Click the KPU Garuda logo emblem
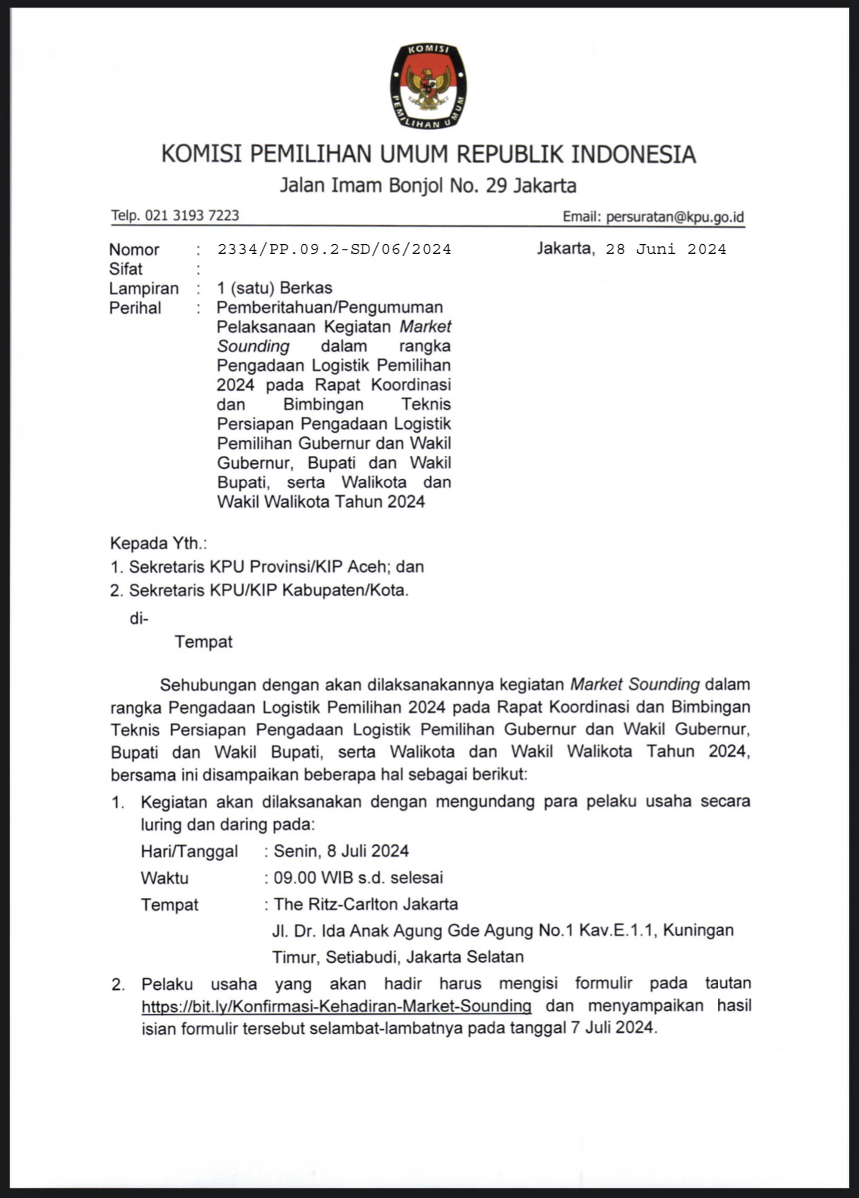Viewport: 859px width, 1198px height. pos(428,86)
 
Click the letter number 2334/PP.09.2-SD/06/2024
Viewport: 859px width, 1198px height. pos(334,249)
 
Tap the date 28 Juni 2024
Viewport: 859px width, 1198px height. pos(666,249)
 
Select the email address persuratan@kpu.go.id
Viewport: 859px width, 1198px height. pos(674,216)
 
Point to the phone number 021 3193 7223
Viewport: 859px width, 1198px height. pos(192,216)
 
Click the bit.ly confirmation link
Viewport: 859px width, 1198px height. pos(336,1006)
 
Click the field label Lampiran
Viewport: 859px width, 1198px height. pos(144,288)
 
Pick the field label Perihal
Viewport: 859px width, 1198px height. pos(135,308)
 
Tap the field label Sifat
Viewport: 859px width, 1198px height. pos(126,269)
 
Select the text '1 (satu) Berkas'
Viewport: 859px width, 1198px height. pos(275,288)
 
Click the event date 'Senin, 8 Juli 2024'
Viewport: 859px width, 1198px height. pos(341,851)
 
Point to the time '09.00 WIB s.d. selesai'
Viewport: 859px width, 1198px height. pos(358,878)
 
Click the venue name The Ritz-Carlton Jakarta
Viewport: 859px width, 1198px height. pos(366,904)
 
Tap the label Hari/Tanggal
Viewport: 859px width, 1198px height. pos(190,851)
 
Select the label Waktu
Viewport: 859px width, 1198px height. pos(165,878)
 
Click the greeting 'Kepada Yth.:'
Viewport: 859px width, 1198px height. pos(158,544)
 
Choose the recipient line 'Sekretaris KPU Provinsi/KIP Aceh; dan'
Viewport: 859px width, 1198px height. pos(276,567)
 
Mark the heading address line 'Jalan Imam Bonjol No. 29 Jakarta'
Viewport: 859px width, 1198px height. pos(428,185)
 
